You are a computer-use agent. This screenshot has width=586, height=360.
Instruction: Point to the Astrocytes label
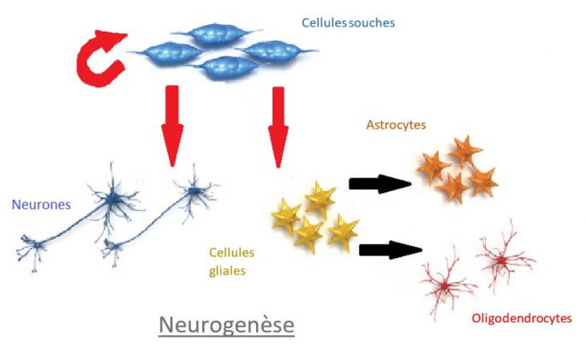point(396,125)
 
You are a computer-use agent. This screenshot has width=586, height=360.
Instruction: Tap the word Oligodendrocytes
point(521,319)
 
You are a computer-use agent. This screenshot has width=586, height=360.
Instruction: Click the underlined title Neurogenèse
point(227,326)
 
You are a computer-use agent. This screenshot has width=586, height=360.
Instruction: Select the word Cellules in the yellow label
point(231,253)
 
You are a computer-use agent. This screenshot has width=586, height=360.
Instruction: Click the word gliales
point(227,272)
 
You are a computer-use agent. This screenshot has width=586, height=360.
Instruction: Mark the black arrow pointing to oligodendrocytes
point(390,249)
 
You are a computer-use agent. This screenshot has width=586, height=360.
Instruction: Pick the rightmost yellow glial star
point(343,231)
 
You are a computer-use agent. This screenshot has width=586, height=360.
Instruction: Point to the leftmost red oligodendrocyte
point(445,282)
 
